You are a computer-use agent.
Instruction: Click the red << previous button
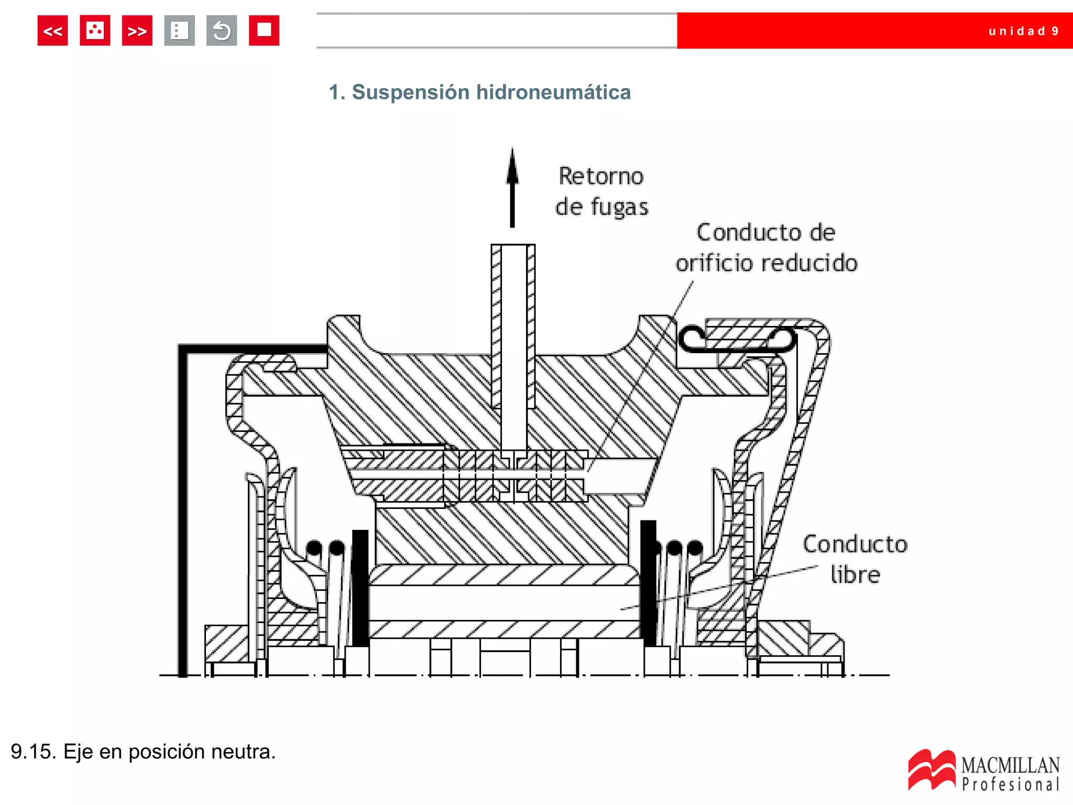pyautogui.click(x=52, y=31)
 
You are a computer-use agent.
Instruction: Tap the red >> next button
pyautogui.click(x=137, y=31)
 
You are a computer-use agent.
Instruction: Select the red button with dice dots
pyautogui.click(x=95, y=31)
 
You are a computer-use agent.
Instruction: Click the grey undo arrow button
pyautogui.click(x=222, y=31)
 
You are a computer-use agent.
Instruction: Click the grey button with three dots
pyautogui.click(x=179, y=31)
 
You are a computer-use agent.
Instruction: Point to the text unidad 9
pyautogui.click(x=1023, y=31)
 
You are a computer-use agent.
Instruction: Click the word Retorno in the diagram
pyautogui.click(x=601, y=176)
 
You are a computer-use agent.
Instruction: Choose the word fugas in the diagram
pyautogui.click(x=619, y=207)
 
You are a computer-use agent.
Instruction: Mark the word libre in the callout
pyautogui.click(x=855, y=575)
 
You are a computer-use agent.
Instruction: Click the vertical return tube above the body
pyautogui.click(x=513, y=325)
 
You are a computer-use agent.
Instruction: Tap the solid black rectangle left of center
pyautogui.click(x=360, y=587)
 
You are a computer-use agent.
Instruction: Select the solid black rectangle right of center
pyautogui.click(x=648, y=582)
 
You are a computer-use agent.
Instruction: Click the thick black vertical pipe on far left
pyautogui.click(x=183, y=514)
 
